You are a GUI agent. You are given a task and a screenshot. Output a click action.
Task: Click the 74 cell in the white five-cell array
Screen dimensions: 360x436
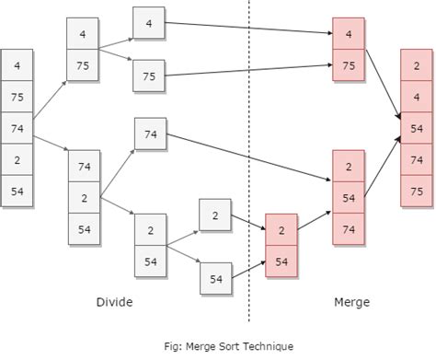tap(17, 129)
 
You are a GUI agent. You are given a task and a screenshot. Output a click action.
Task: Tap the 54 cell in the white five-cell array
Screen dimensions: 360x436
tap(17, 192)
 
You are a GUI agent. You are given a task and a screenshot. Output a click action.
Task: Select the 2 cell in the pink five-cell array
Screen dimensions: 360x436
tap(418, 65)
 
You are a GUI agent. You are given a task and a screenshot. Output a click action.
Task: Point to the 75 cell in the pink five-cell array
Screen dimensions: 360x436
tap(418, 191)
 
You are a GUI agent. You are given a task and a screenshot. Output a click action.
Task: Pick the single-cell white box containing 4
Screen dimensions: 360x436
tap(149, 23)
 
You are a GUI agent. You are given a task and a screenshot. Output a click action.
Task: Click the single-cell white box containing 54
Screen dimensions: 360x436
tap(215, 277)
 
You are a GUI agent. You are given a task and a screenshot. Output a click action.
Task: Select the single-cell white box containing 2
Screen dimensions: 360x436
tap(215, 215)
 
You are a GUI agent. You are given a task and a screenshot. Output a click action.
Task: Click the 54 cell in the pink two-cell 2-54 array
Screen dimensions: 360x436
tap(282, 261)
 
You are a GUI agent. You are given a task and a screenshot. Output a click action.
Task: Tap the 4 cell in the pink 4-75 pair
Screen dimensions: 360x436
tap(349, 34)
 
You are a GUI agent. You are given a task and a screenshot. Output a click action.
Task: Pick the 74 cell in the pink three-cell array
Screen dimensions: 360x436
tap(349, 230)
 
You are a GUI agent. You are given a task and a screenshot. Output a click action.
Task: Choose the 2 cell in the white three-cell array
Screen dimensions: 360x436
tap(84, 198)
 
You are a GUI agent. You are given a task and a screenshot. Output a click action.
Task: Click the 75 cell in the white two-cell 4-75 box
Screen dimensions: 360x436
tap(83, 65)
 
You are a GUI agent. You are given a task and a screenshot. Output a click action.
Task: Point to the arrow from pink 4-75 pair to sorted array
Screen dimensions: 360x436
tap(382, 83)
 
